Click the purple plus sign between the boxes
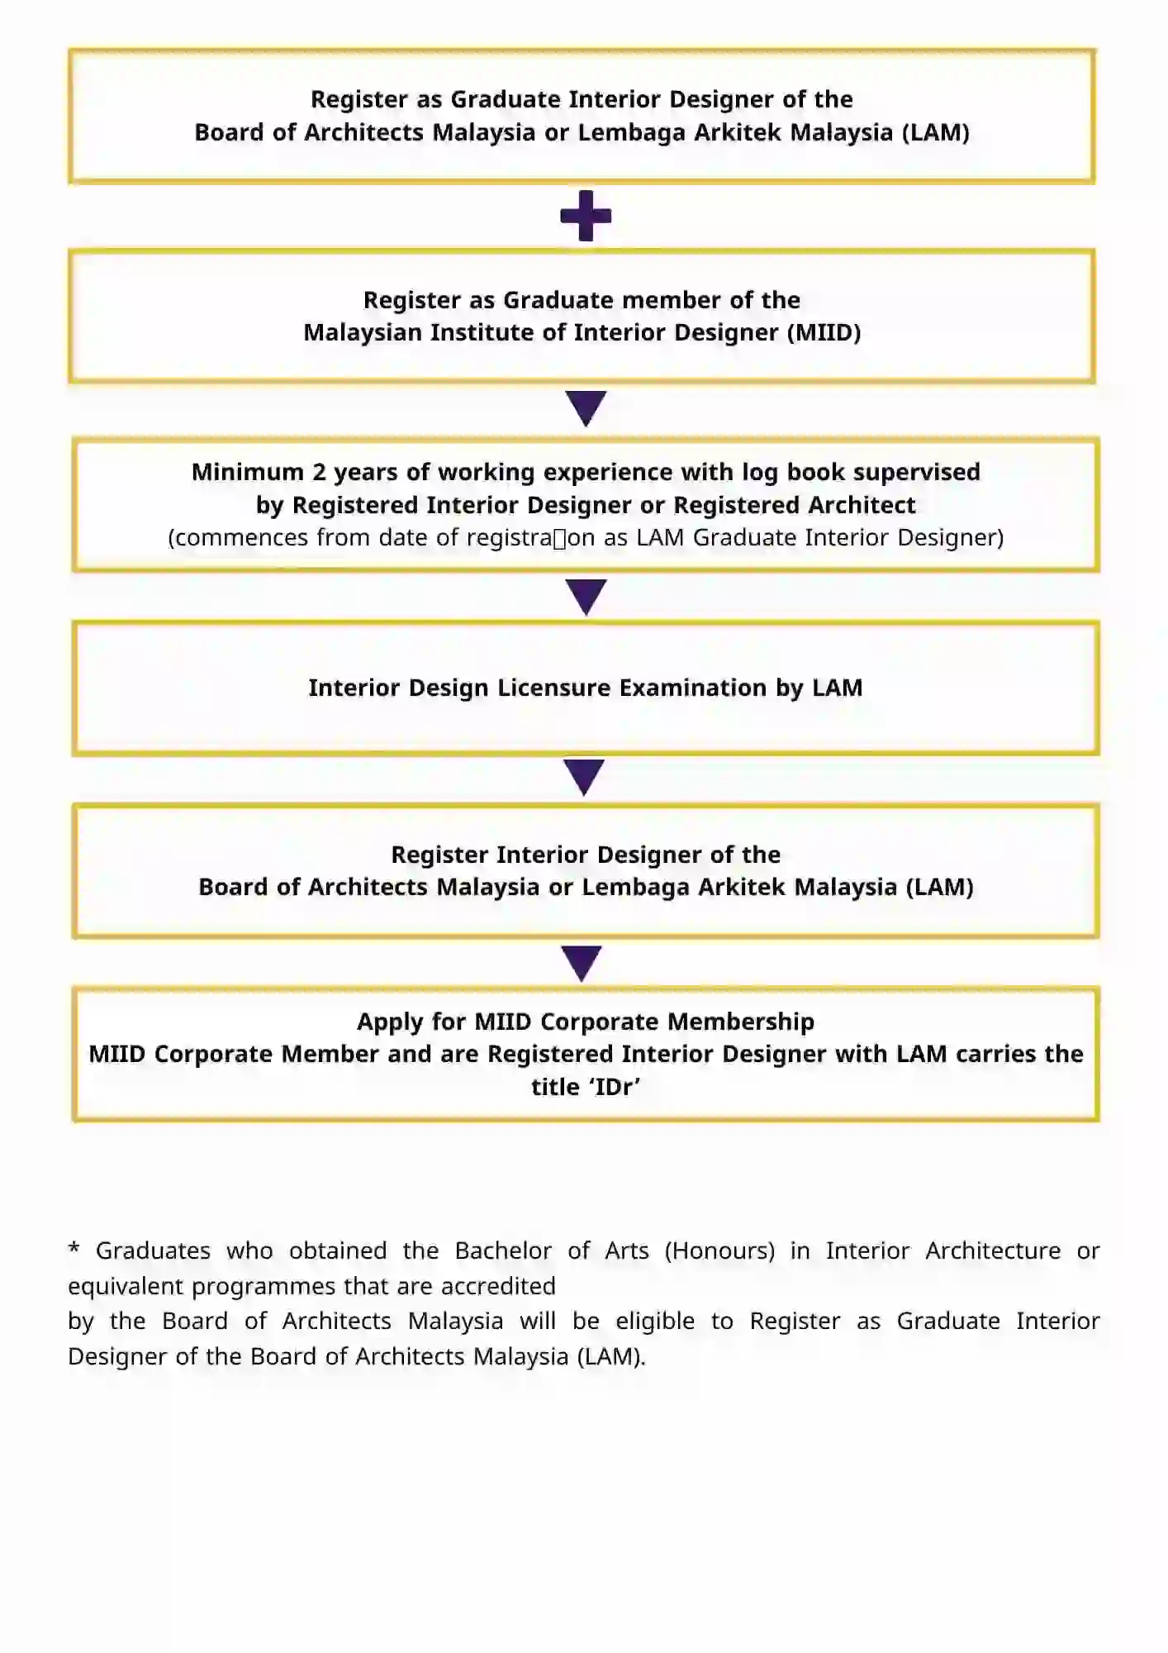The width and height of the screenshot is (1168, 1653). coord(586,216)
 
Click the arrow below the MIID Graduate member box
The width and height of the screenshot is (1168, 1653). coord(586,407)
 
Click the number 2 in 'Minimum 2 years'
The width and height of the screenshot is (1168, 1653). coord(319,472)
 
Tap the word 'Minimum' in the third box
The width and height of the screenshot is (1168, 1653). coord(248,472)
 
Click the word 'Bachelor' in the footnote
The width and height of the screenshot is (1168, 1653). coord(503,1250)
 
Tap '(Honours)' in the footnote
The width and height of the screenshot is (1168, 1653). coord(719,1250)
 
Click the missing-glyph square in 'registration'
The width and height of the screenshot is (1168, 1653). coord(559,539)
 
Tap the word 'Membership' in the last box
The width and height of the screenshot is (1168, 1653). coord(740,1022)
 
